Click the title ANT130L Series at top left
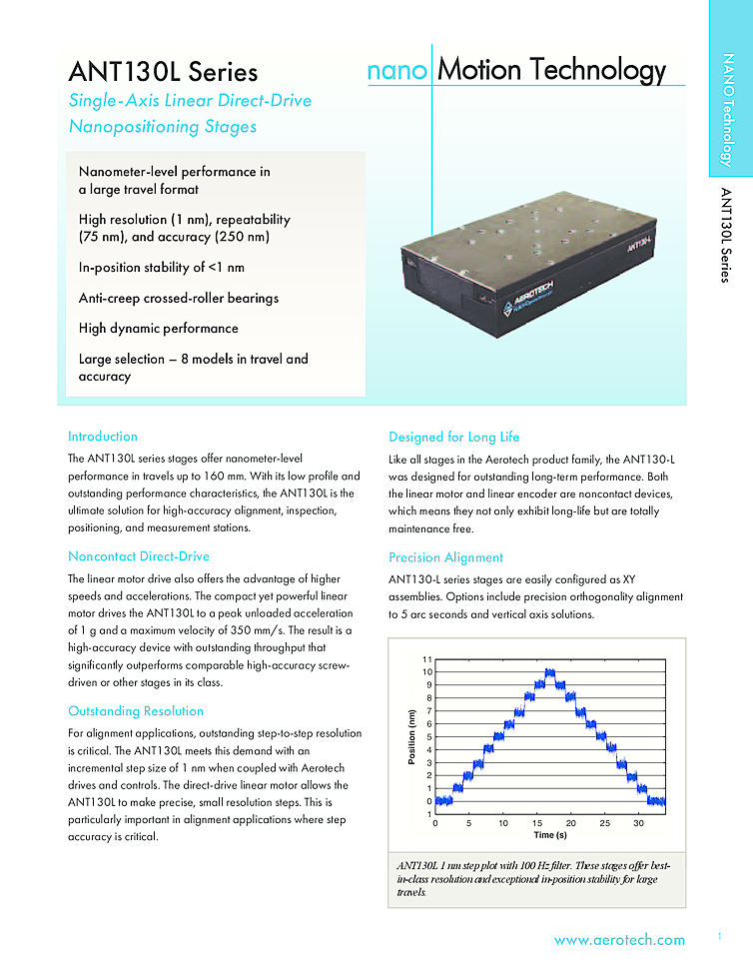(163, 72)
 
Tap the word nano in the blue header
(397, 71)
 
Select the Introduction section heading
(103, 437)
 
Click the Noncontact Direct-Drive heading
(139, 556)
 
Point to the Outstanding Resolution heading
(136, 711)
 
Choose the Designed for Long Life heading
(453, 437)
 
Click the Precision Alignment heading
(445, 557)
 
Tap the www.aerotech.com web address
(619, 940)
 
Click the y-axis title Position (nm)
(410, 737)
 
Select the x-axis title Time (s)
(550, 834)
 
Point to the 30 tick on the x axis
(638, 823)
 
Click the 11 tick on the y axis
(426, 660)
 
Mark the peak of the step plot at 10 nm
(549, 673)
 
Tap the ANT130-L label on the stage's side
(640, 241)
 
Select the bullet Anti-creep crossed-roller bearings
(179, 298)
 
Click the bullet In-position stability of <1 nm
(162, 268)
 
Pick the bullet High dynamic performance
(159, 328)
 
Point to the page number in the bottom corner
(719, 936)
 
